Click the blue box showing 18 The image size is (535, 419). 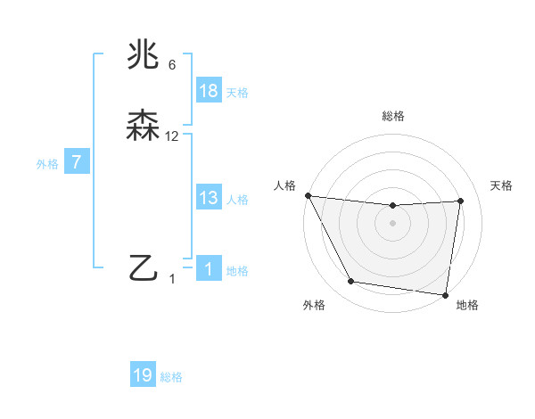coord(209,91)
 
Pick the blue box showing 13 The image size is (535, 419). coord(209,198)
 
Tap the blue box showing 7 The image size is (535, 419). coord(77,163)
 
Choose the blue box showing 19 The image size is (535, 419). coord(143,375)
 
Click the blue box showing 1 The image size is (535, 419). coord(209,270)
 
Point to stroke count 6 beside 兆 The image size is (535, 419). coord(172,66)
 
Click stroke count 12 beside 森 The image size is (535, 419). coord(172,136)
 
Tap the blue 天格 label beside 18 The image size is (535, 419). coord(237,92)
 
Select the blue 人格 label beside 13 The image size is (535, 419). coord(237,200)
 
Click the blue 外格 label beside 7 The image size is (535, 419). coord(47,164)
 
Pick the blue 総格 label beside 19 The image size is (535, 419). coord(171,377)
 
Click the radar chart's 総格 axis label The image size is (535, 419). coord(392,116)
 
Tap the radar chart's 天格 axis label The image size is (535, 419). coord(502,185)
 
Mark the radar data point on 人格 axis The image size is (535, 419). coord(308,195)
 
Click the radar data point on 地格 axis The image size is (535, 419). coord(445,294)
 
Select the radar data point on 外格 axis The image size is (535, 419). coord(350,283)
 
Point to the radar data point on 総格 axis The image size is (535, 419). coord(392,207)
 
